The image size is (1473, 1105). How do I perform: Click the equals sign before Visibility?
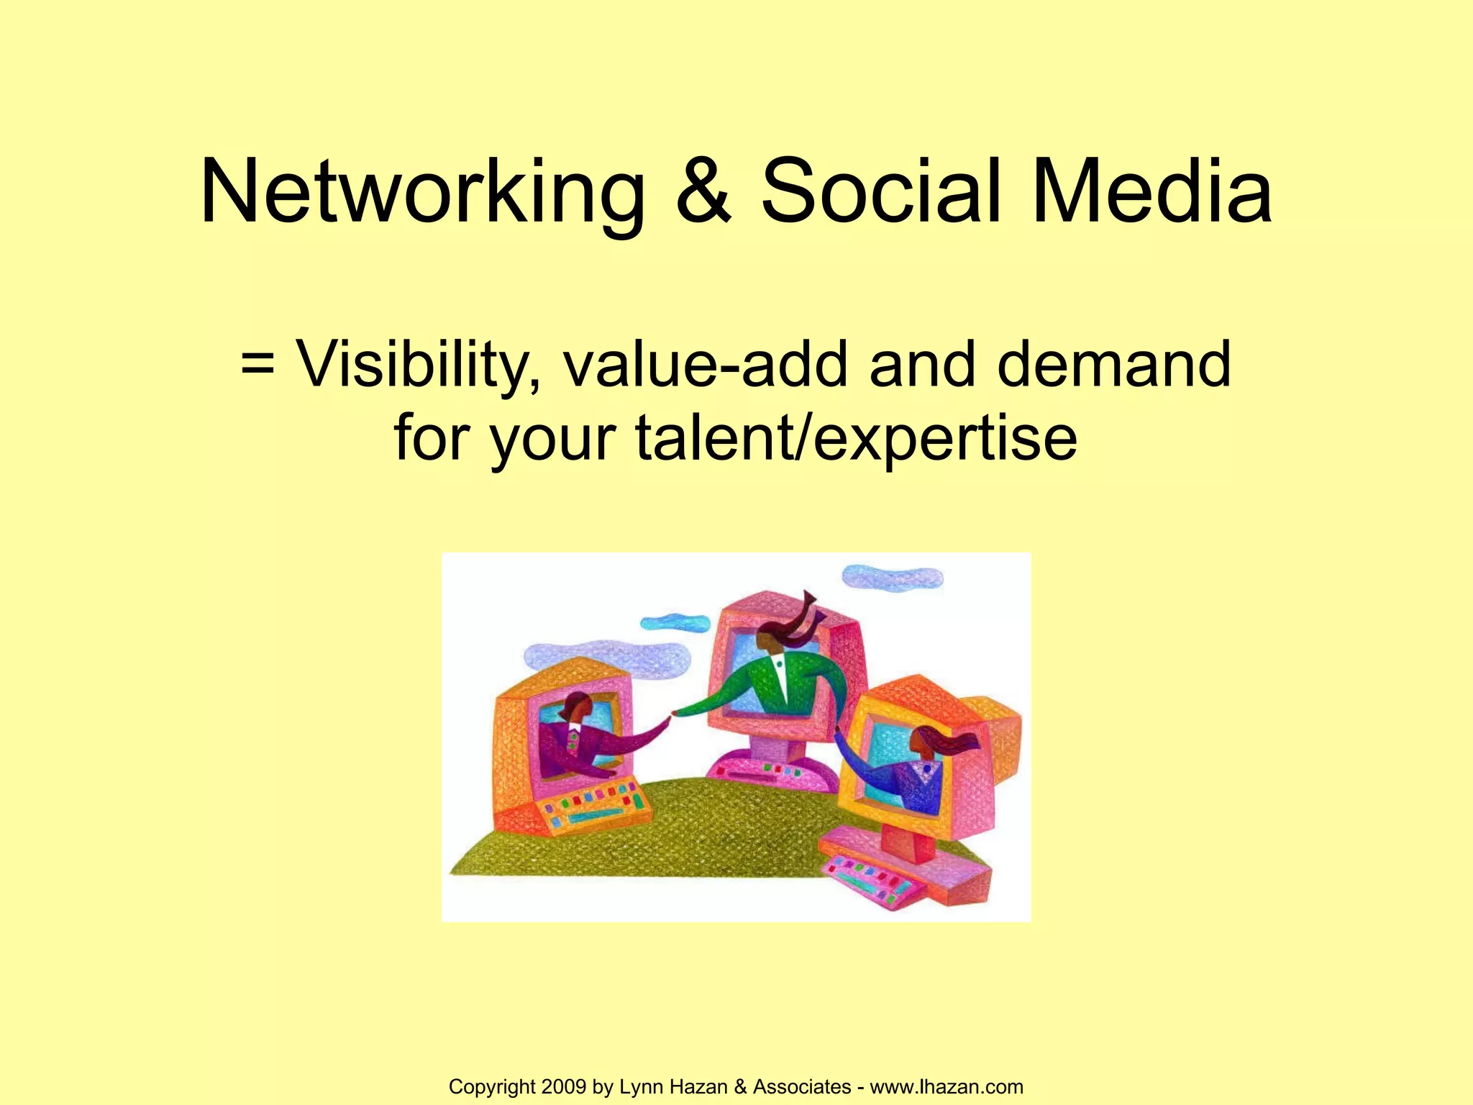pyautogui.click(x=257, y=363)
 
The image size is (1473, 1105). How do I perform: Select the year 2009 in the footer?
pyautogui.click(x=565, y=1086)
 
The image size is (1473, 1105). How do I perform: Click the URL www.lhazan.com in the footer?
pyautogui.click(x=947, y=1086)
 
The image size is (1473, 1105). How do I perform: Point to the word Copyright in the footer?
pyautogui.click(x=493, y=1086)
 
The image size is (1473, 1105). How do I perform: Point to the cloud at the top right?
pyautogui.click(x=892, y=577)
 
